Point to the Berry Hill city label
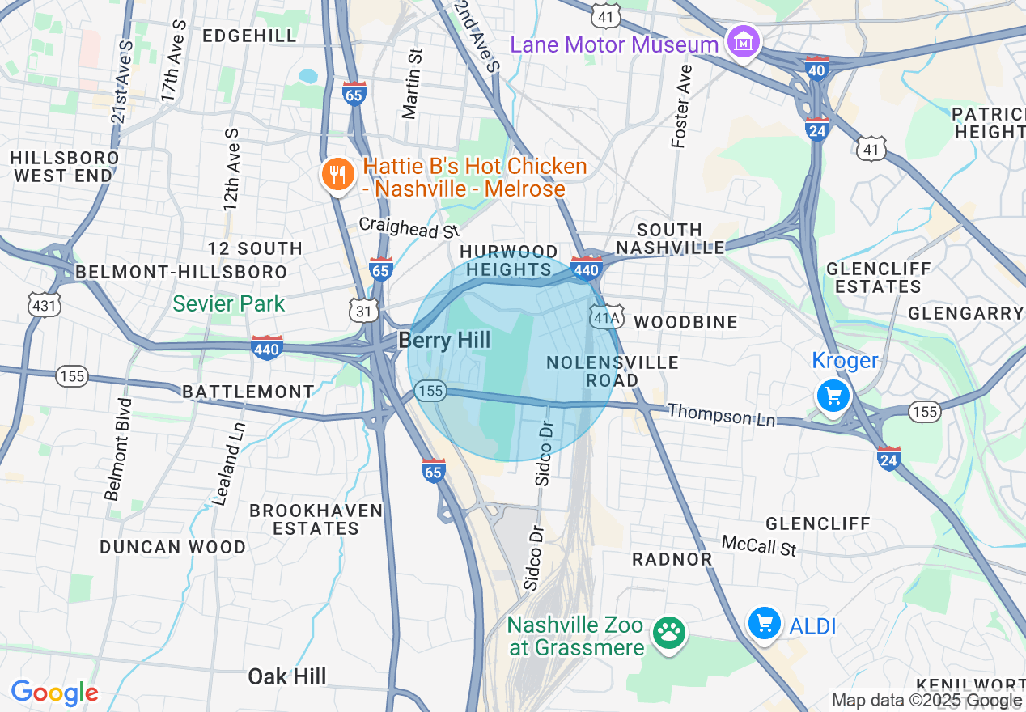pyautogui.click(x=444, y=341)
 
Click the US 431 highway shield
pyautogui.click(x=42, y=304)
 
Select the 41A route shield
pyautogui.click(x=605, y=318)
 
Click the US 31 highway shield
pyautogui.click(x=364, y=310)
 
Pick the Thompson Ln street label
pyautogui.click(x=721, y=415)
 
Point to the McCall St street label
pyautogui.click(x=758, y=545)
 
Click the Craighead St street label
pyautogui.click(x=409, y=227)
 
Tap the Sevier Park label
pyautogui.click(x=229, y=304)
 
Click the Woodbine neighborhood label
pyautogui.click(x=685, y=322)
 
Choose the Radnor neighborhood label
pyautogui.click(x=672, y=559)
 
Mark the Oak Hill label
pyautogui.click(x=287, y=676)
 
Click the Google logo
pyautogui.click(x=54, y=693)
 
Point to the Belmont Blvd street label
pyautogui.click(x=117, y=448)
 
